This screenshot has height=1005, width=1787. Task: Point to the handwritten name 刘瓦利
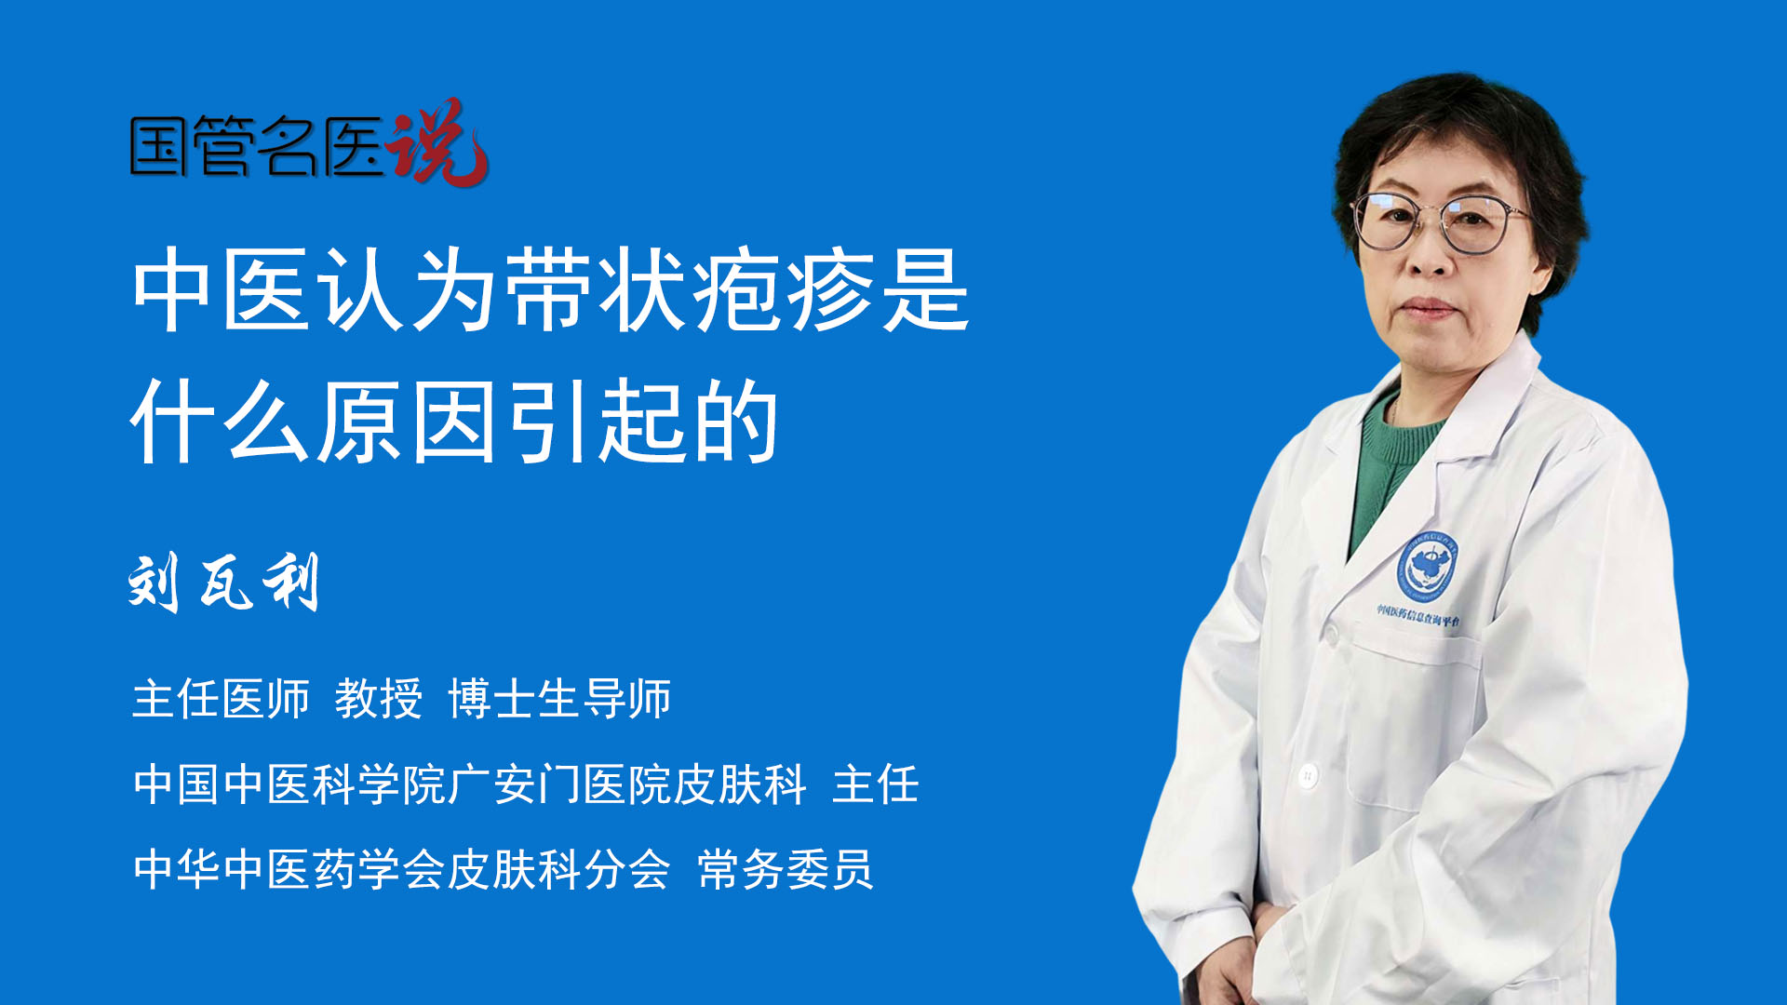[x=224, y=583]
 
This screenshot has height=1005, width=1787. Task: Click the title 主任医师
[x=221, y=699]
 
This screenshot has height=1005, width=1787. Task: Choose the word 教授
[x=379, y=699]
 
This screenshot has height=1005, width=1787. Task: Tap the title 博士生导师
[x=559, y=699]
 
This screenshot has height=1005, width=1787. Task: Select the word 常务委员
[x=786, y=870]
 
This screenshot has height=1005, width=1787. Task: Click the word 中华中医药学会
[x=289, y=870]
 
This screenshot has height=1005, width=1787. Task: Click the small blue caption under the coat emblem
[x=1418, y=615]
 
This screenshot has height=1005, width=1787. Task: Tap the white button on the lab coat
[x=1309, y=774]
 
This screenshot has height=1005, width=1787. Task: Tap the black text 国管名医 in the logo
[x=257, y=146]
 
